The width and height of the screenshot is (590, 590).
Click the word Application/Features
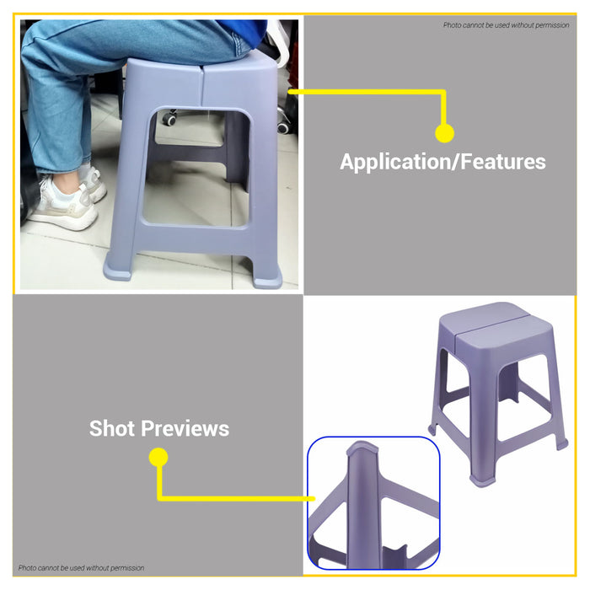[442, 162]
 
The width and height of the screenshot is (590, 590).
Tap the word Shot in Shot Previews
[112, 428]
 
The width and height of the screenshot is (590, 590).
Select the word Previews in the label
[185, 428]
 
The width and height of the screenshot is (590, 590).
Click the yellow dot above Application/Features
[444, 133]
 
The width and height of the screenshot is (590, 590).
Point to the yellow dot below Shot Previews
[158, 457]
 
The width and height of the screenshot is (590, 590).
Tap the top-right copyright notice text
[506, 25]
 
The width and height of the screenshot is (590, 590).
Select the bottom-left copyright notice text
[82, 568]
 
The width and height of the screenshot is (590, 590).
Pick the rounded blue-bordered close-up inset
[373, 503]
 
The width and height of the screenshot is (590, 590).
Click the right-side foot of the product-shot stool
[560, 443]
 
